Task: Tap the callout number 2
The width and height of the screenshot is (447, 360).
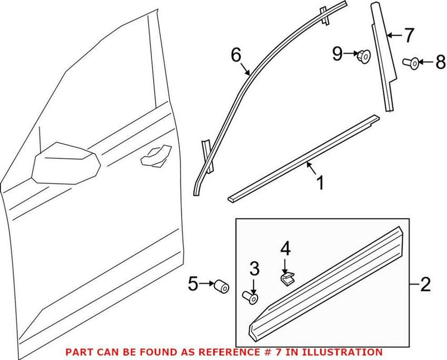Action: tap(426, 286)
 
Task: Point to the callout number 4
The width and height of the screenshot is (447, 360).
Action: tap(286, 249)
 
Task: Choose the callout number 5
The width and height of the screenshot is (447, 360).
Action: tap(193, 285)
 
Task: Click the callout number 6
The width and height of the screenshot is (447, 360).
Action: tap(236, 55)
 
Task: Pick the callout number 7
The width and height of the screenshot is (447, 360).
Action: tap(409, 35)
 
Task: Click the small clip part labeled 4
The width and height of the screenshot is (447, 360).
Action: tap(287, 278)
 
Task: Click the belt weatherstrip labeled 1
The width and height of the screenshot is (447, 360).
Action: tap(302, 162)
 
